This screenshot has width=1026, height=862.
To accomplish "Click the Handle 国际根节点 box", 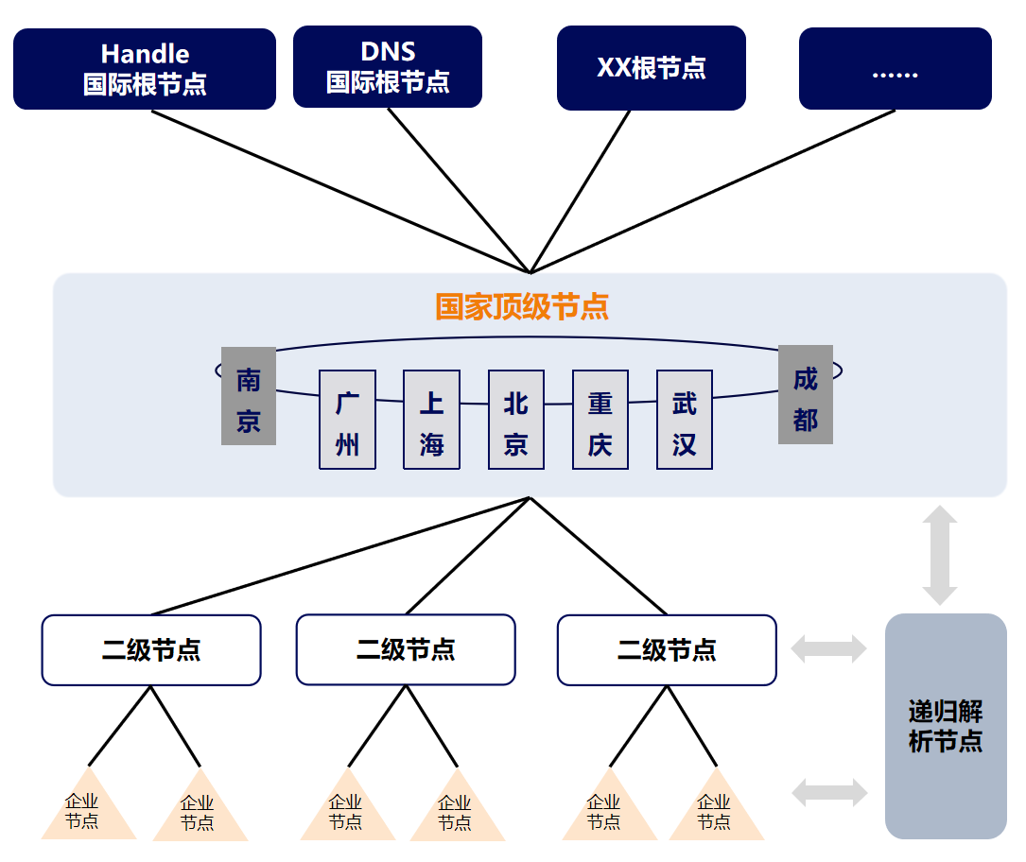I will click(145, 69).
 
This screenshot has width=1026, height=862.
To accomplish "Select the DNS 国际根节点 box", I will click(388, 66).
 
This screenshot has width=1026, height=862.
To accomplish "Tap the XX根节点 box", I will click(652, 68).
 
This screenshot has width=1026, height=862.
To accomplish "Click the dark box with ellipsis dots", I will click(895, 69).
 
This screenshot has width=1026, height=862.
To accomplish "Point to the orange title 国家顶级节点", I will click(522, 306).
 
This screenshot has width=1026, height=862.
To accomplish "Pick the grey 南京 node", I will click(249, 396).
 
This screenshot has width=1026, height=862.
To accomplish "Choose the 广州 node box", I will click(347, 420).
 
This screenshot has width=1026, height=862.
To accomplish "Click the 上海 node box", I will click(431, 420).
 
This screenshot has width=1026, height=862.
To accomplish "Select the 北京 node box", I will click(515, 420).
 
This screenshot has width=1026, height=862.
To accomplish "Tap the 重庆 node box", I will click(600, 420).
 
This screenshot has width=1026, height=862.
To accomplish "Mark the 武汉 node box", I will click(685, 420).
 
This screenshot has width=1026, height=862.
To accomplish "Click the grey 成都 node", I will click(806, 395).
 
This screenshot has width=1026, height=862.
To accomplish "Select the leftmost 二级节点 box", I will click(151, 650).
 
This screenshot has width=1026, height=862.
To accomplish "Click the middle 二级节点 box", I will click(406, 649).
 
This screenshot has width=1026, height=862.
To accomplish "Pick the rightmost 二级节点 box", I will click(667, 650).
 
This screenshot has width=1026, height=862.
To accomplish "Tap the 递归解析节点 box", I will click(946, 726).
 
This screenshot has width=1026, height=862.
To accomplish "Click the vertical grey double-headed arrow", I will click(940, 556).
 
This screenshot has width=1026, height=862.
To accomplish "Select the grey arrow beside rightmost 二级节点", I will click(829, 648).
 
